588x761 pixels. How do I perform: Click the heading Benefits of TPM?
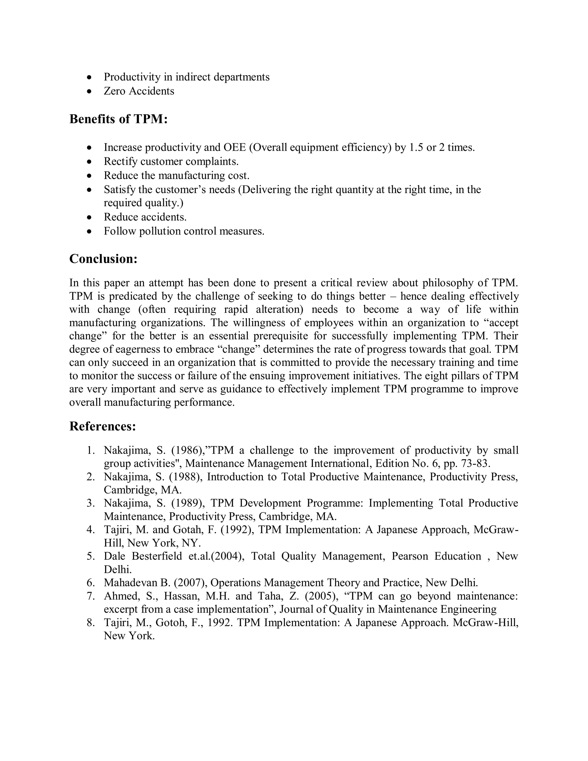119,119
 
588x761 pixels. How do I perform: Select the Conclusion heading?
103,259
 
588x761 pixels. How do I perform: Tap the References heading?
102,426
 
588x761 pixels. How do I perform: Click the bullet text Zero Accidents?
139,91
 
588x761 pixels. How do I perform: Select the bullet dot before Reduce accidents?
90,217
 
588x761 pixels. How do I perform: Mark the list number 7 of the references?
90,596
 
